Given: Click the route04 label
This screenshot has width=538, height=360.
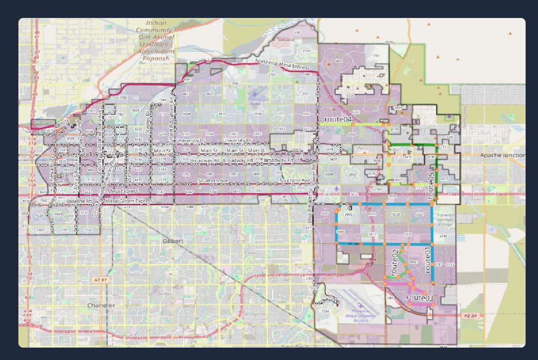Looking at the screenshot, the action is click(x=338, y=119).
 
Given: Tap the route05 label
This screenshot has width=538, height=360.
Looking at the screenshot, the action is click(x=430, y=185).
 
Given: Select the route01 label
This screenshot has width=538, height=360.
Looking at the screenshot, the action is click(x=427, y=260).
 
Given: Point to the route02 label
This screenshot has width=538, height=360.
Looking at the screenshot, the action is click(x=395, y=263).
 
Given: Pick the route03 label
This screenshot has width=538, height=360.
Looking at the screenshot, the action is click(x=420, y=298).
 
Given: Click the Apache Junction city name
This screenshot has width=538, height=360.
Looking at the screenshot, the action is click(x=502, y=155).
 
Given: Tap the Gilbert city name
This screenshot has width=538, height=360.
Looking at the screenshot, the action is click(x=173, y=241).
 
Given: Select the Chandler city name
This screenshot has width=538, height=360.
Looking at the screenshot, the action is click(x=101, y=305).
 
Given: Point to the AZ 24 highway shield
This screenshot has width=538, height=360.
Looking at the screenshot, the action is click(x=470, y=316).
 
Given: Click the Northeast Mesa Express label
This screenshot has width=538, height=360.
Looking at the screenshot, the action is click(x=282, y=64).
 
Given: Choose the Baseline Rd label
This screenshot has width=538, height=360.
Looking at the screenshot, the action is click(x=79, y=201).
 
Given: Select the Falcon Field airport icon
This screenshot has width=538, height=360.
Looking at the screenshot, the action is click(x=255, y=94).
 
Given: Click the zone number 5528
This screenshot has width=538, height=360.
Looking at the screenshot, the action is click(x=396, y=215).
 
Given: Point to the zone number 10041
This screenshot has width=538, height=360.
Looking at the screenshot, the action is click(x=413, y=262).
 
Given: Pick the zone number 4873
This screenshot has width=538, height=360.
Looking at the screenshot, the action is click(x=186, y=94).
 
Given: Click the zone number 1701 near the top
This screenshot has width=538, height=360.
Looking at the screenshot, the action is click(x=376, y=56).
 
